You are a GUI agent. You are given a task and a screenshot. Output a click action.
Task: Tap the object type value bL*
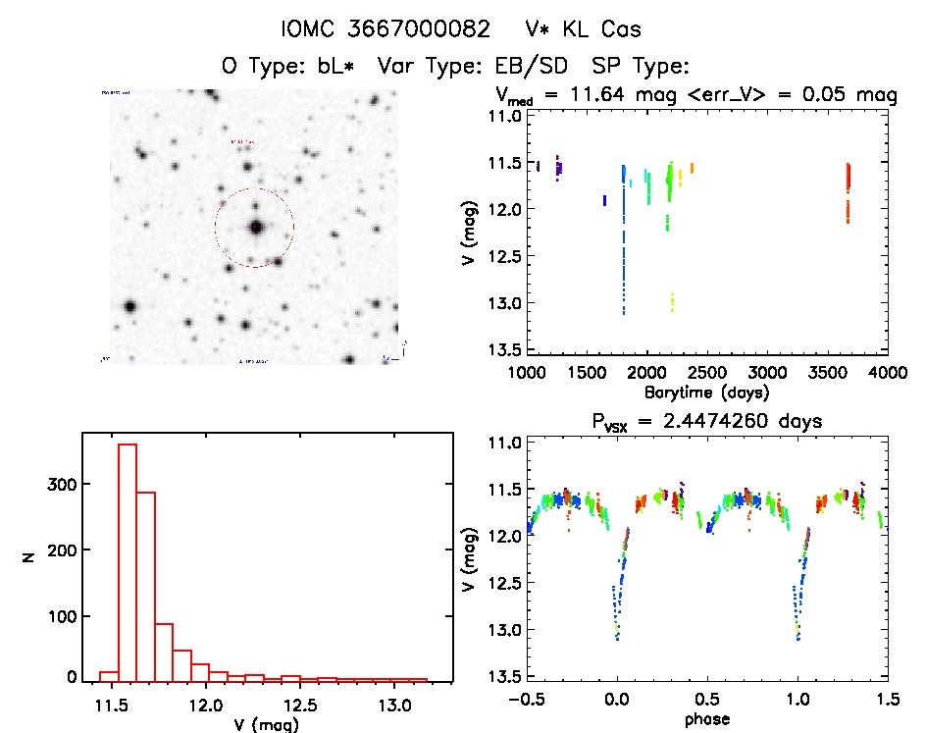[334, 66]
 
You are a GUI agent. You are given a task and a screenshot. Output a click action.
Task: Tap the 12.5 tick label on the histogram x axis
[300, 705]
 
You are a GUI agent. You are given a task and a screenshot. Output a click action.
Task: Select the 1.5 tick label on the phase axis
[887, 698]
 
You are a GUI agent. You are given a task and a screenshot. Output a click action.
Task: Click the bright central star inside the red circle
[256, 228]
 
